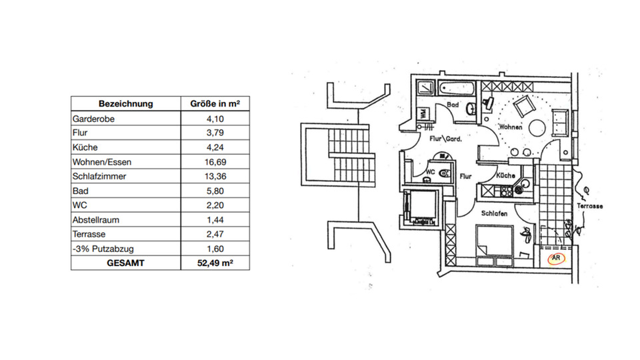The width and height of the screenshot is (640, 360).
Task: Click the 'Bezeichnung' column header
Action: pyautogui.click(x=126, y=104)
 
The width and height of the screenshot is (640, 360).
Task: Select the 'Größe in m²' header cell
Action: pyautogui.click(x=215, y=104)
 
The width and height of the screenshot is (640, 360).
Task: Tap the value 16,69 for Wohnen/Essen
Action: pyautogui.click(x=215, y=162)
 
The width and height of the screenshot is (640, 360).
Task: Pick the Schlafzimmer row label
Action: pyautogui.click(x=99, y=177)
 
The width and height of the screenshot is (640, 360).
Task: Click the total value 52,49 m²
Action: pyautogui.click(x=215, y=263)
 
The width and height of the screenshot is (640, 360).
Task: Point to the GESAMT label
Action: pyautogui.click(x=126, y=263)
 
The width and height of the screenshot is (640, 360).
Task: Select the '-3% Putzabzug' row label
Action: pyautogui.click(x=101, y=249)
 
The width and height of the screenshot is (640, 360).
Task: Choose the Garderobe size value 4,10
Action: pyautogui.click(x=215, y=119)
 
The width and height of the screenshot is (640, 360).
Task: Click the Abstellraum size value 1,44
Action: pyautogui.click(x=215, y=220)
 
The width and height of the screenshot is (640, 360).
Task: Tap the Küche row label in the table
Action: pyautogui.click(x=85, y=147)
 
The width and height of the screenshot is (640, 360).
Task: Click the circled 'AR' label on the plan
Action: pyautogui.click(x=554, y=258)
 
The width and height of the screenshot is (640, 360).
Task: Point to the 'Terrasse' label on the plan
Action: pyautogui.click(x=591, y=207)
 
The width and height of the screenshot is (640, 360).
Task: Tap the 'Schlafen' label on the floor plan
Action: pyautogui.click(x=495, y=213)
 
